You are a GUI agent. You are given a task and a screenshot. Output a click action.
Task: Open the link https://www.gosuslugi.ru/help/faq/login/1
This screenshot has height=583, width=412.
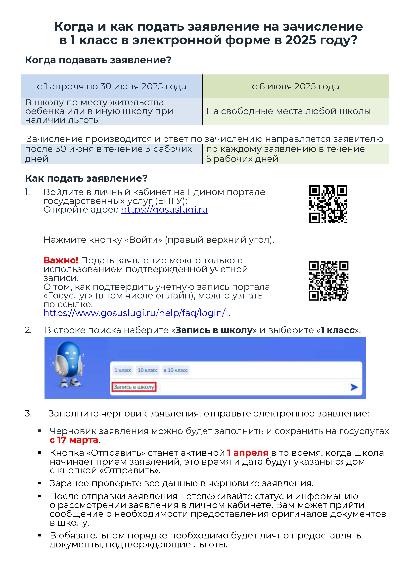tap(136, 313)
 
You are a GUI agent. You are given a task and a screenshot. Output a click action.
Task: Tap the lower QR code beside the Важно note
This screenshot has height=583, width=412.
tap(328, 281)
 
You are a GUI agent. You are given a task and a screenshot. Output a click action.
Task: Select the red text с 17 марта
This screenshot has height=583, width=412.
tap(74, 440)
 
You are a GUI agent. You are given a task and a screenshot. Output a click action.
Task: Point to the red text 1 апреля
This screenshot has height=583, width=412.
tap(248, 453)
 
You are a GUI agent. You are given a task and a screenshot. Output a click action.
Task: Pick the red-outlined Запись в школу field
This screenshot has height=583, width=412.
tap(134, 387)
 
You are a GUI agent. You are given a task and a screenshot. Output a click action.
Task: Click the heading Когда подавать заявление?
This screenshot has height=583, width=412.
tap(98, 60)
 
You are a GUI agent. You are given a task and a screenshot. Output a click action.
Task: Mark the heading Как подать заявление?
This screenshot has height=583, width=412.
tap(86, 178)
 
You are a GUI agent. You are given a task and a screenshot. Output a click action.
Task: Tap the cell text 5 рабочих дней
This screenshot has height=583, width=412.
tap(242, 159)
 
